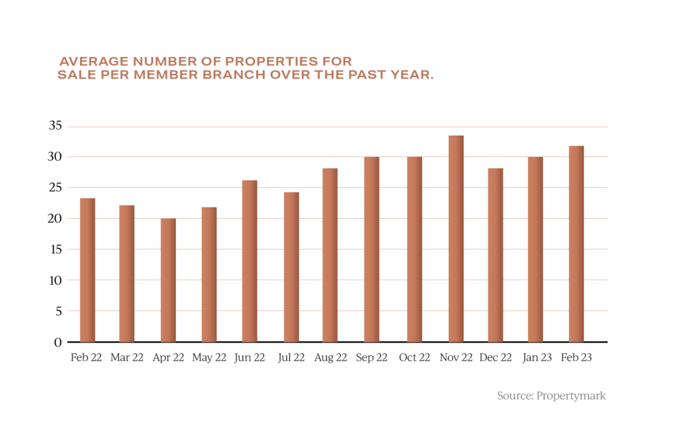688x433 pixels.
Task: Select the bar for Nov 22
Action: pos(456,239)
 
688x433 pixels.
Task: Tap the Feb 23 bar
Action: pos(576,244)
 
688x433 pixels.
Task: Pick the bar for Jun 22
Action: pos(249,261)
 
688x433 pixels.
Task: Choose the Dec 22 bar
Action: pos(495,255)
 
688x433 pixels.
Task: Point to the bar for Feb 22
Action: pos(87,270)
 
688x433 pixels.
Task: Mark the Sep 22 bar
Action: pos(372,249)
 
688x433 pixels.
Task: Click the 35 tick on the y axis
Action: pos(55,126)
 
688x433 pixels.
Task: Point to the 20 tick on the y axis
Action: pos(55,218)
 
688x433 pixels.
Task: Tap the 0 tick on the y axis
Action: pos(58,342)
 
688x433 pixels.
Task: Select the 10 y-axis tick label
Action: pos(55,280)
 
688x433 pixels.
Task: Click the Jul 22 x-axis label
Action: pos(291,358)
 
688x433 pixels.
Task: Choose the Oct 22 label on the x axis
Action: pos(414,358)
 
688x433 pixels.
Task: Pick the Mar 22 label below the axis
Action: pos(126,358)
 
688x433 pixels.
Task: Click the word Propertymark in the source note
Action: pos(571,395)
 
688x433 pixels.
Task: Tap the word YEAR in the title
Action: pos(411,75)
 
